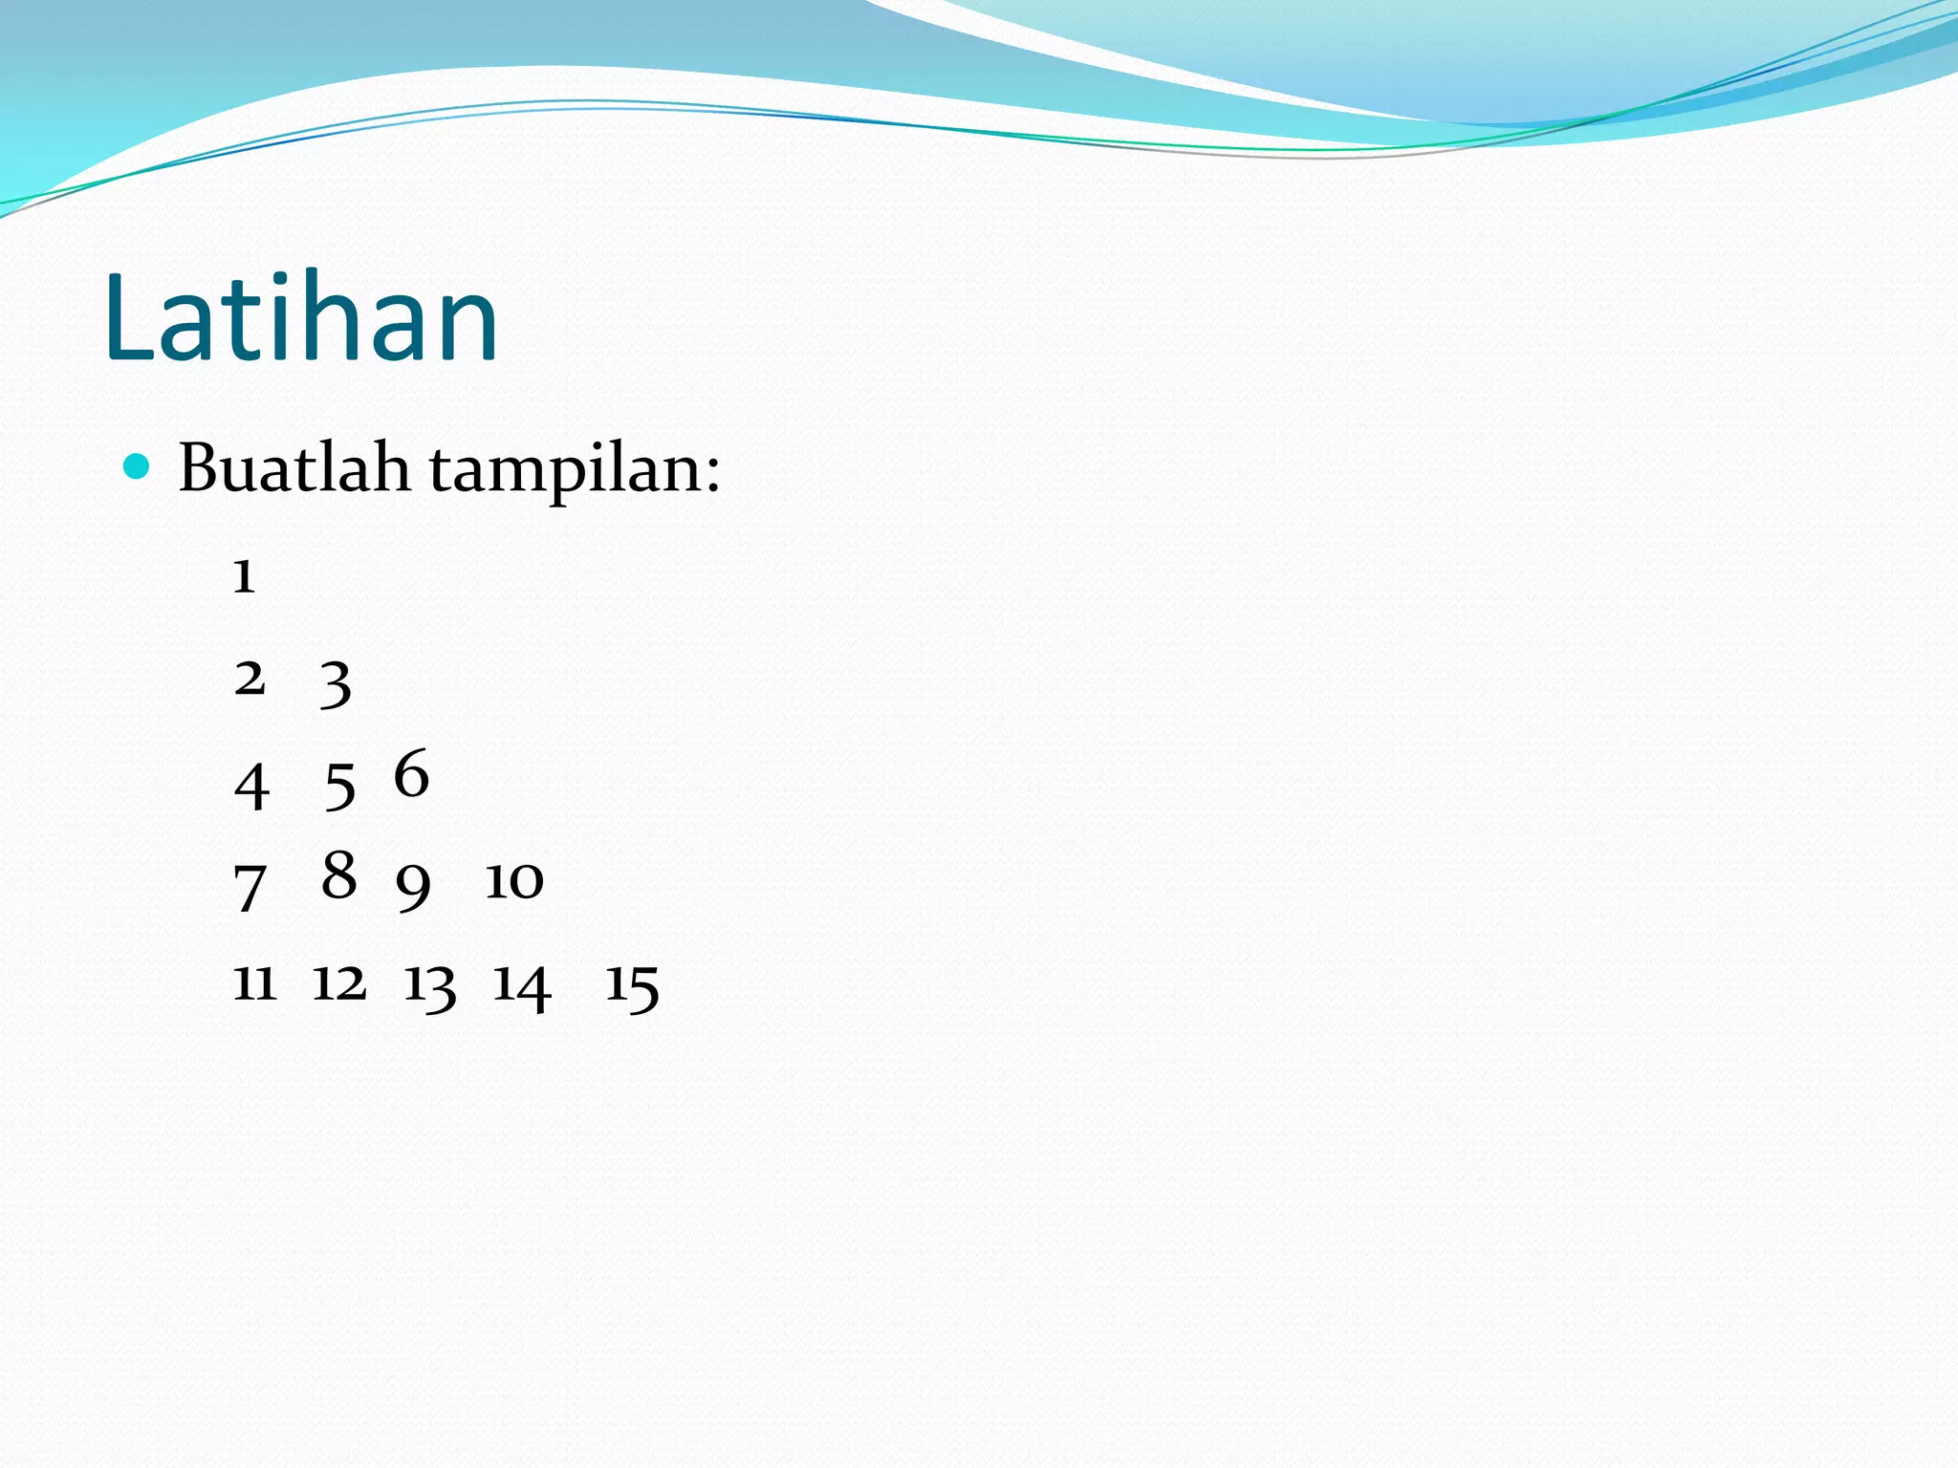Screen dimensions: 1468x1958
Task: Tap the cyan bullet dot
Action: click(138, 467)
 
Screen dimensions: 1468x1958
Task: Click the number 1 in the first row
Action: click(244, 576)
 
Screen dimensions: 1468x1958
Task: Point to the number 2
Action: click(250, 679)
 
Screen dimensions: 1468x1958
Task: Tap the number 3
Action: click(336, 684)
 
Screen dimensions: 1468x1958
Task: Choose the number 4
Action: click(251, 787)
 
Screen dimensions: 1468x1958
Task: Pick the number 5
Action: click(339, 787)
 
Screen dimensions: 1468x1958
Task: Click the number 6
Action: click(411, 773)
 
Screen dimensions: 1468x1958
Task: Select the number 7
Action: click(250, 887)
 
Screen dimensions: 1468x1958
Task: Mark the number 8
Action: click(338, 874)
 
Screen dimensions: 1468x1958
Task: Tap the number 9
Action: click(413, 886)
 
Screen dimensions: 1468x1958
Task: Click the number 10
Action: click(514, 880)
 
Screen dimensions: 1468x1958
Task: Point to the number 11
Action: click(255, 982)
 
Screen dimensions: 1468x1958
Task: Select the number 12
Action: click(339, 982)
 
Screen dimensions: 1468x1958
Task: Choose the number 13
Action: click(429, 985)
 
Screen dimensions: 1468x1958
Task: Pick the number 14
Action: click(521, 985)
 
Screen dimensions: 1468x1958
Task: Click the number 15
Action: click(632, 985)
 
